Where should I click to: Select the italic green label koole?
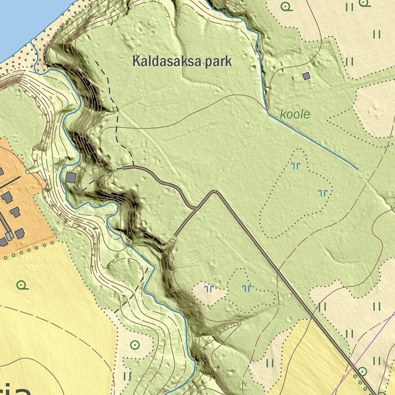[x=295, y=114]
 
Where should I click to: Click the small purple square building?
[x=306, y=76]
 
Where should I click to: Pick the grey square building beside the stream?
[x=71, y=177]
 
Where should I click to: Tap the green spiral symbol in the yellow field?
[x=22, y=285]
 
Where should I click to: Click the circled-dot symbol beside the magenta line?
[x=362, y=371]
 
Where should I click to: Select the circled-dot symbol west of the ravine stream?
[x=135, y=344]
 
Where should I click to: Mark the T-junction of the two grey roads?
[x=196, y=208]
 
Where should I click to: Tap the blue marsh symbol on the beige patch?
[x=209, y=288]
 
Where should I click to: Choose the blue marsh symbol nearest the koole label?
[x=296, y=166]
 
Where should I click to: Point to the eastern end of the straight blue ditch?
[x=357, y=169]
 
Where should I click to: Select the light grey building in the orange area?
[x=9, y=235]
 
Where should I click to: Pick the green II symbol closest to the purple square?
[x=349, y=61]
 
